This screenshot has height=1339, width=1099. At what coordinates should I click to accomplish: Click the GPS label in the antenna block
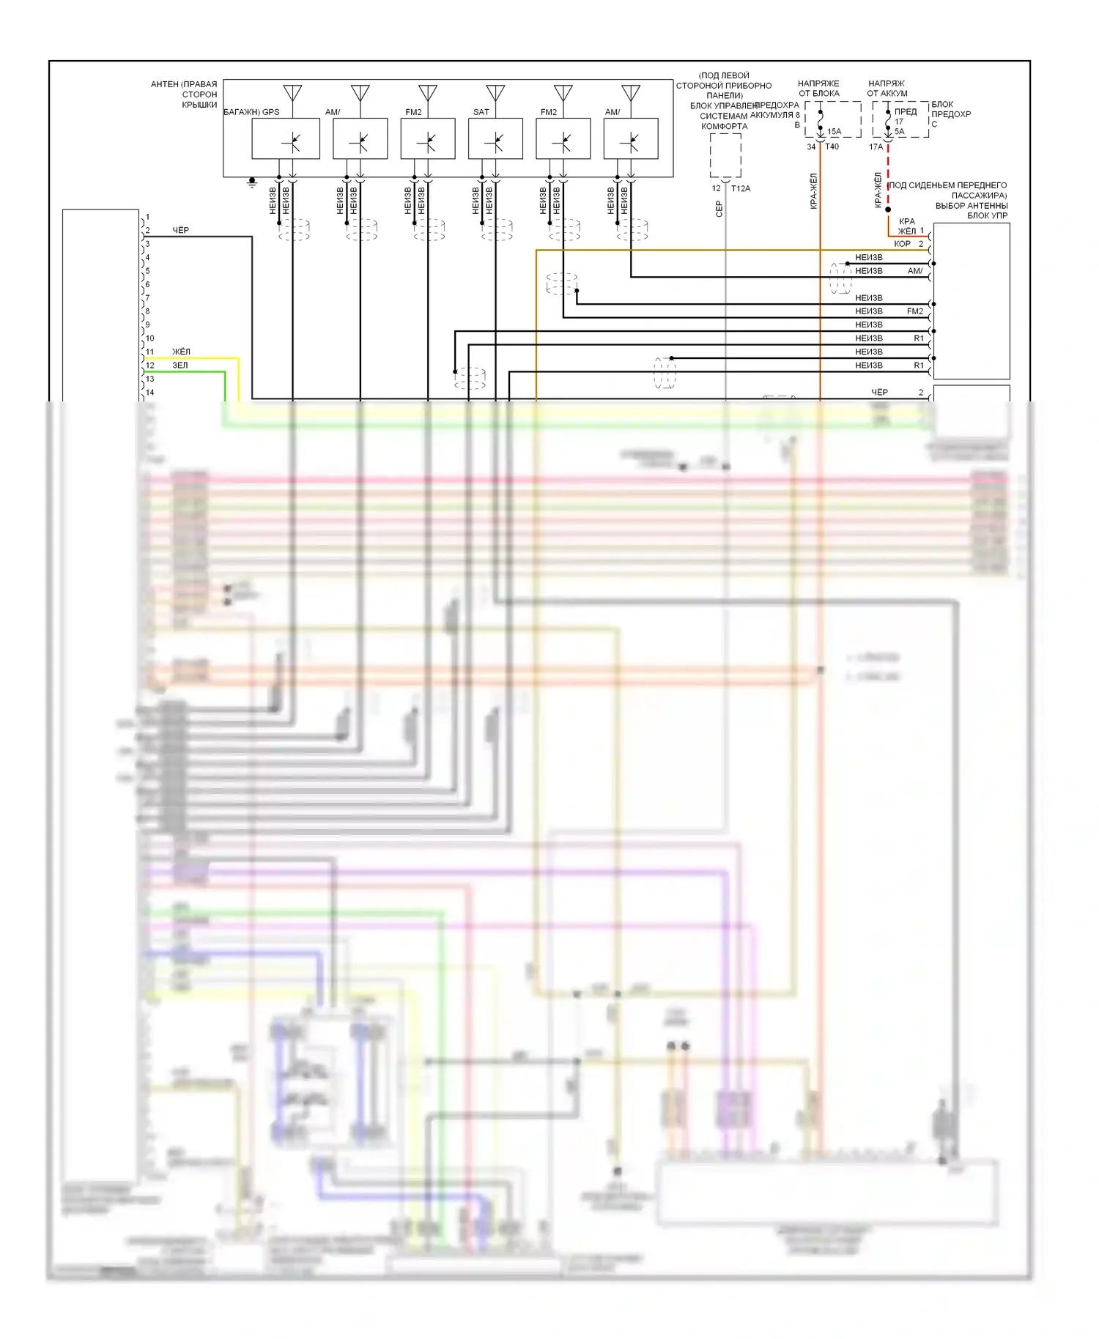[x=270, y=112]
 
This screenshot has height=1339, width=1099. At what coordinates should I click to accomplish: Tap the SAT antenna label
[x=481, y=112]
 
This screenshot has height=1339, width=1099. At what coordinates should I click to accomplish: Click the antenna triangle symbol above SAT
[x=495, y=94]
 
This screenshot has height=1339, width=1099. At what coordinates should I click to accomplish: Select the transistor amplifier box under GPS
[x=286, y=138]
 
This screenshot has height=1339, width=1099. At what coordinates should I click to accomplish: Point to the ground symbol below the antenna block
[x=252, y=182]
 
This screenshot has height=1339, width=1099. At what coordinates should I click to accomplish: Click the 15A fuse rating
[x=834, y=132]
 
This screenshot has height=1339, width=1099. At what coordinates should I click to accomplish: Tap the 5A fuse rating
[x=899, y=132]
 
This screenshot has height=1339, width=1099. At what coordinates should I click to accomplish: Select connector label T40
[x=832, y=146]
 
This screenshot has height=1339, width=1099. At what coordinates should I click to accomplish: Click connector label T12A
[x=741, y=188]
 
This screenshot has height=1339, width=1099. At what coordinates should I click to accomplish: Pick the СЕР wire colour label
[x=719, y=209]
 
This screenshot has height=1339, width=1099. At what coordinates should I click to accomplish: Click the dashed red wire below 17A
[x=888, y=176]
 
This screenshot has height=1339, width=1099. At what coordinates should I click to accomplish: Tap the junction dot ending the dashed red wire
[x=888, y=209]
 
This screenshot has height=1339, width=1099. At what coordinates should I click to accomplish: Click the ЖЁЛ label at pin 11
[x=181, y=352]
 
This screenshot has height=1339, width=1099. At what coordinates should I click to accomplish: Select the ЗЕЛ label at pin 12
[x=180, y=365]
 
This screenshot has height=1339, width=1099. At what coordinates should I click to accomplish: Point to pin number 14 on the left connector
[x=149, y=393]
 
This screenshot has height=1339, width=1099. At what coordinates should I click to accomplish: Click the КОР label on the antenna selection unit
[x=902, y=244]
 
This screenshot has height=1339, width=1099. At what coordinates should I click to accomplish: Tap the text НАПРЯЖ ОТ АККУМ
[x=887, y=89]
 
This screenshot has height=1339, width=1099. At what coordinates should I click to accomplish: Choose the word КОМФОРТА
[x=724, y=126]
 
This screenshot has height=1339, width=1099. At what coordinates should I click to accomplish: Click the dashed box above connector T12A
[x=725, y=155]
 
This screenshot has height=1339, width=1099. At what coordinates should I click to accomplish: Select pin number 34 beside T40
[x=811, y=146]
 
